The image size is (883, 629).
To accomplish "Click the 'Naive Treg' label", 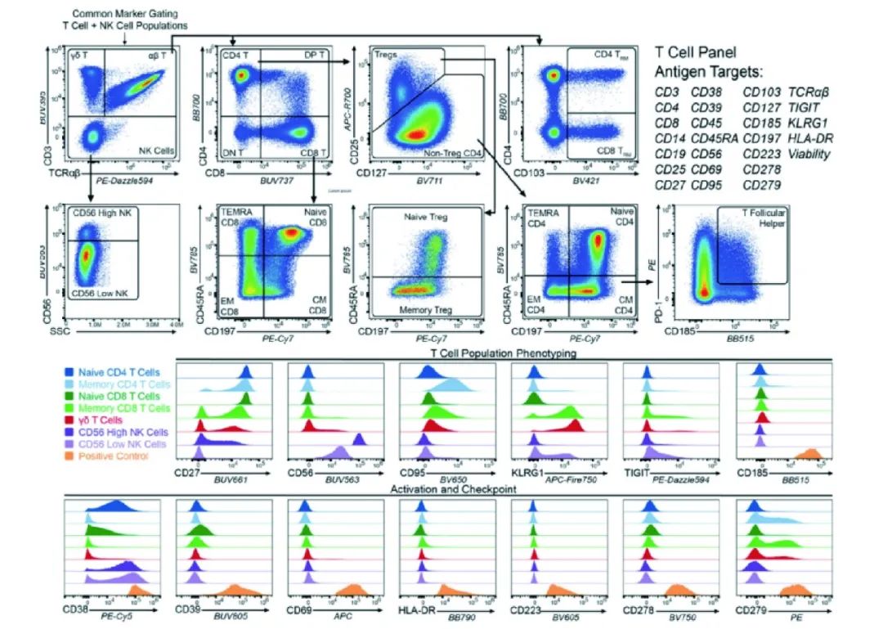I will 421,216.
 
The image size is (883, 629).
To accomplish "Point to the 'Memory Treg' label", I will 419,311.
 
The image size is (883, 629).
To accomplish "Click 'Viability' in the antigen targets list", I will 809,153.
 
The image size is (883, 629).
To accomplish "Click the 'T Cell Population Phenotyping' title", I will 504,353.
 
